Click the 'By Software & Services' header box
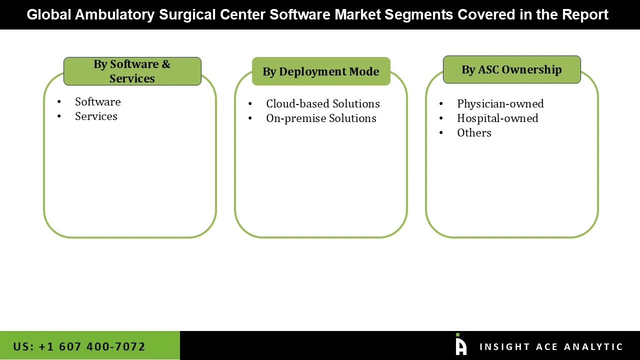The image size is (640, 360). click(132, 71)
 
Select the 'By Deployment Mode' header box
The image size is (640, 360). click(320, 71)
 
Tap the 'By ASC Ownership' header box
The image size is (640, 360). click(511, 69)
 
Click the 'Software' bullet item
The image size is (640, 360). click(97, 102)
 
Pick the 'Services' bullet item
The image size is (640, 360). click(96, 116)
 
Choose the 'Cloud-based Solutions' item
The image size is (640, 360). click(322, 104)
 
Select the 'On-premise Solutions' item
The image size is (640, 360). click(321, 118)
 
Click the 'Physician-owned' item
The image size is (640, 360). click(500, 104)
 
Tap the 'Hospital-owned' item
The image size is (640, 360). click(497, 118)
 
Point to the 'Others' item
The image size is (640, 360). click(474, 133)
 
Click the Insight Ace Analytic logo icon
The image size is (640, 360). click(460, 345)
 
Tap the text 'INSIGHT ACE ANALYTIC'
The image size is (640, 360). click(551, 347)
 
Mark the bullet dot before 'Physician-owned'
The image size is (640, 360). click(441, 104)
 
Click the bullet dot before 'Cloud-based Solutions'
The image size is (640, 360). click(250, 104)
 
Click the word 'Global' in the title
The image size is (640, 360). click(48, 15)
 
